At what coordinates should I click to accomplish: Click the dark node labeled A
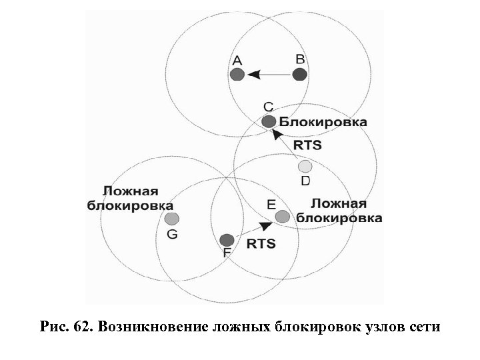tap(237, 75)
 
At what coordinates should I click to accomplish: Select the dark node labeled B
tap(300, 75)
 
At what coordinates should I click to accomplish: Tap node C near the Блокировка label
tap(268, 121)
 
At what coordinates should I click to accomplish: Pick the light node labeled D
tap(305, 166)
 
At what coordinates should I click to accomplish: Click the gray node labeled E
tap(282, 216)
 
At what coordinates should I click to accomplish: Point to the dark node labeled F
tap(227, 240)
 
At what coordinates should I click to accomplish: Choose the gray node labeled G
tap(172, 218)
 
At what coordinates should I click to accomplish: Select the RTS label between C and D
tap(308, 145)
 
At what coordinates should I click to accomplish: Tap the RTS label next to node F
tap(261, 244)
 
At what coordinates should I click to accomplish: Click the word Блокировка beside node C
tap(323, 122)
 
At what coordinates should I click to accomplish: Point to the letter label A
tap(237, 61)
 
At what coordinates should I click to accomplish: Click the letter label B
tap(301, 59)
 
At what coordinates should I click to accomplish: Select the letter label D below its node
tap(305, 181)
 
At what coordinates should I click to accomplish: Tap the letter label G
tap(172, 234)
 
